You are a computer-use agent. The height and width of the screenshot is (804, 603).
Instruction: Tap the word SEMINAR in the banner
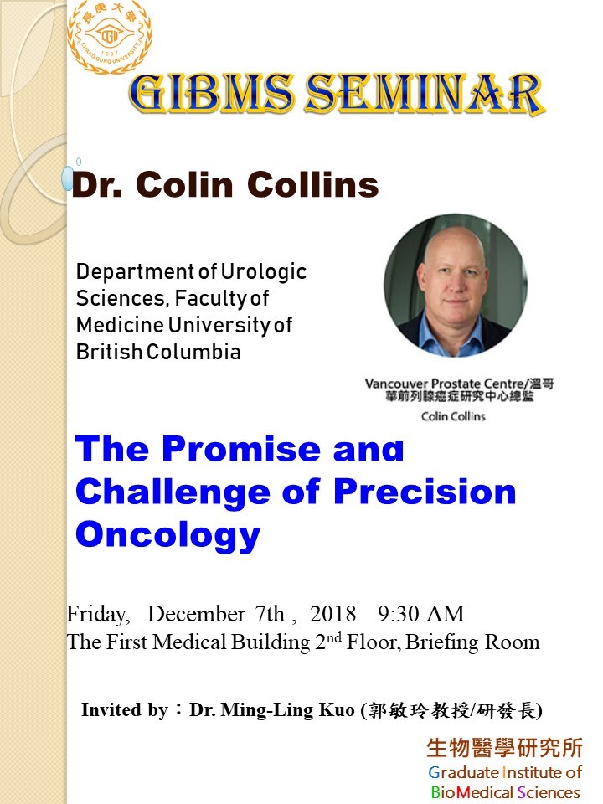(425, 94)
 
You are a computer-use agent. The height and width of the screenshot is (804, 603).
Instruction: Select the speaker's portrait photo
(456, 285)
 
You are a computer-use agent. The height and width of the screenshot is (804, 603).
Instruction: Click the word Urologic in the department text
(264, 271)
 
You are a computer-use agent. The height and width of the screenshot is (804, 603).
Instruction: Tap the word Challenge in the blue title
(173, 492)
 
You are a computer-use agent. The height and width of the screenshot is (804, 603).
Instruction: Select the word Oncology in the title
(168, 535)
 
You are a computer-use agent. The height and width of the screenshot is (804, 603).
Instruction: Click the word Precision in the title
(425, 492)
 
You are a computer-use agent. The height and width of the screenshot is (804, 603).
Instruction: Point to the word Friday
(98, 614)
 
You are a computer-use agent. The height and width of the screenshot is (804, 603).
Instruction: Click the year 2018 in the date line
(332, 614)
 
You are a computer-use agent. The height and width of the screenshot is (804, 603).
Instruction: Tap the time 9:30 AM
(421, 614)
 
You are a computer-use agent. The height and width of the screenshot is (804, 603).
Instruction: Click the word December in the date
(196, 614)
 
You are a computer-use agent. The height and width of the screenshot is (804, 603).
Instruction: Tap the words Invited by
(125, 710)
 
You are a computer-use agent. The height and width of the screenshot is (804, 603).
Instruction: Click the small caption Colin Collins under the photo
(453, 416)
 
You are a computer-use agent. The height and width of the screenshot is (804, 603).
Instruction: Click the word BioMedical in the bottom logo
(472, 792)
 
